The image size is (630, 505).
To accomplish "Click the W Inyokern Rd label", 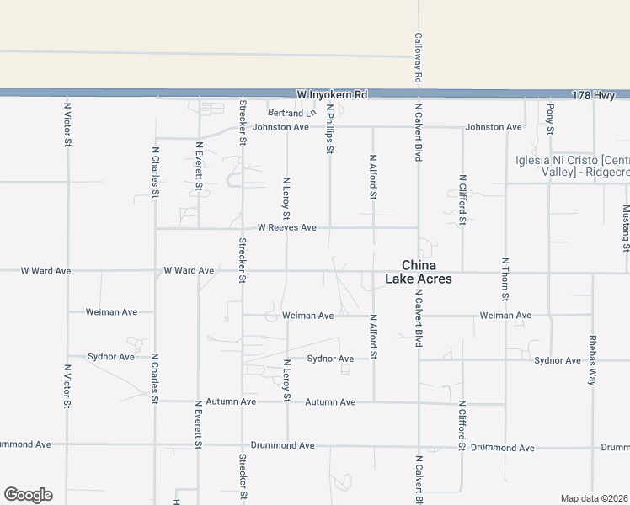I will click(x=333, y=95).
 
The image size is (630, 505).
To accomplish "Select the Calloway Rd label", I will click(x=418, y=58).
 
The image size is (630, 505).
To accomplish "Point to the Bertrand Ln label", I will click(x=291, y=113).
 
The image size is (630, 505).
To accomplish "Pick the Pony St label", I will click(x=550, y=119).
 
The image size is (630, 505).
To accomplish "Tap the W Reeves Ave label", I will click(x=286, y=227).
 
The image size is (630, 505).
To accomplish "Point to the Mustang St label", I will click(x=626, y=227).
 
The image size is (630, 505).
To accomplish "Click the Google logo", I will click(x=28, y=495).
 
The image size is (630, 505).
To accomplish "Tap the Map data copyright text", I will click(x=595, y=498).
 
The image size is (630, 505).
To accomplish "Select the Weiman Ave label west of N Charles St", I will click(x=111, y=312).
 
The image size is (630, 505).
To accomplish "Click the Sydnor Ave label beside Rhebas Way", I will click(x=558, y=360).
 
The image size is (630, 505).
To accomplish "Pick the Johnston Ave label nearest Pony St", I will click(x=494, y=127).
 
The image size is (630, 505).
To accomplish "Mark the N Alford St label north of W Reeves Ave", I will click(x=373, y=177).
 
